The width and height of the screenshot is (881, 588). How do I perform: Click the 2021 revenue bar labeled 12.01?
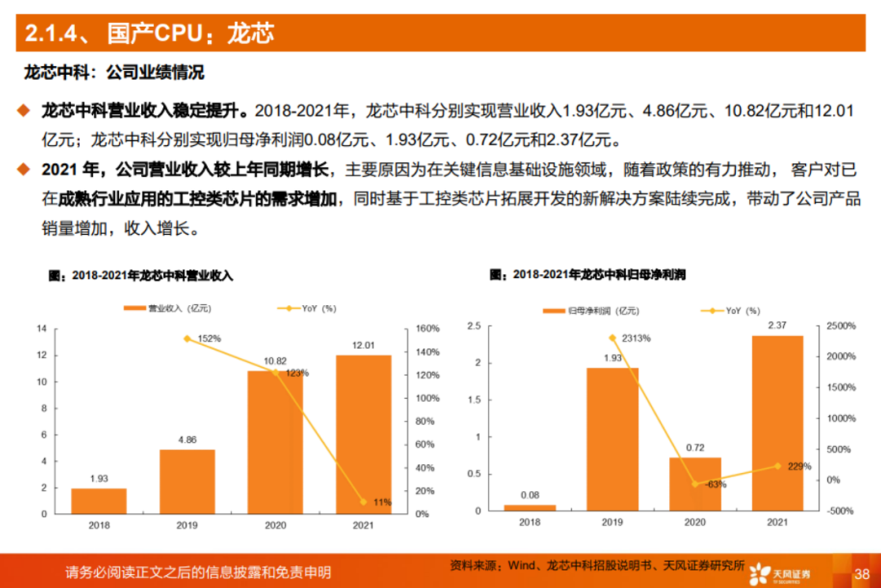pos(363,434)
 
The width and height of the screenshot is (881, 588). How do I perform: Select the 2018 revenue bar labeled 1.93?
pos(99,501)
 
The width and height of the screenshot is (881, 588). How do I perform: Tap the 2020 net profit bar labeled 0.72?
pos(695,484)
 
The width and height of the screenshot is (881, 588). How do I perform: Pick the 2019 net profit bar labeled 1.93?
pos(613,439)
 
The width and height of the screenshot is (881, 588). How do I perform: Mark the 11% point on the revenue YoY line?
pos(362,502)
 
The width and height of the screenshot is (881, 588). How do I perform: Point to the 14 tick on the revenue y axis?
pos(41,329)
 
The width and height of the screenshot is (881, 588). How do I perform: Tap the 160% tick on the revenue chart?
pos(428,329)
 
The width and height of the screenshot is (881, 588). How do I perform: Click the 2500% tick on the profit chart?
pos(842,325)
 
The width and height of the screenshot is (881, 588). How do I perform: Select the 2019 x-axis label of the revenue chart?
pos(187,525)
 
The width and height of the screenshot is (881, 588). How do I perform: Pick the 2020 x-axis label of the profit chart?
pos(695,523)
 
